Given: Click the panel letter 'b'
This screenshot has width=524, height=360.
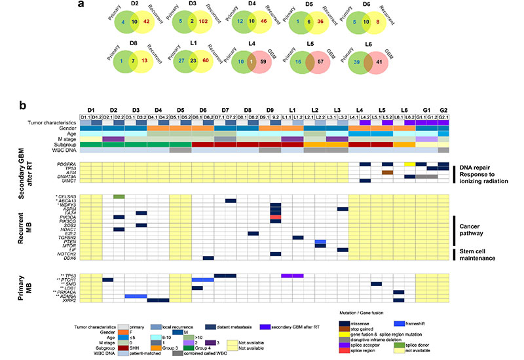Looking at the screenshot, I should click(23, 105).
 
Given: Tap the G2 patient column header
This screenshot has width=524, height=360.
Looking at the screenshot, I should click(442, 109).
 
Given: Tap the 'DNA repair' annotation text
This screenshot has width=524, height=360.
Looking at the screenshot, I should click(473, 165).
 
